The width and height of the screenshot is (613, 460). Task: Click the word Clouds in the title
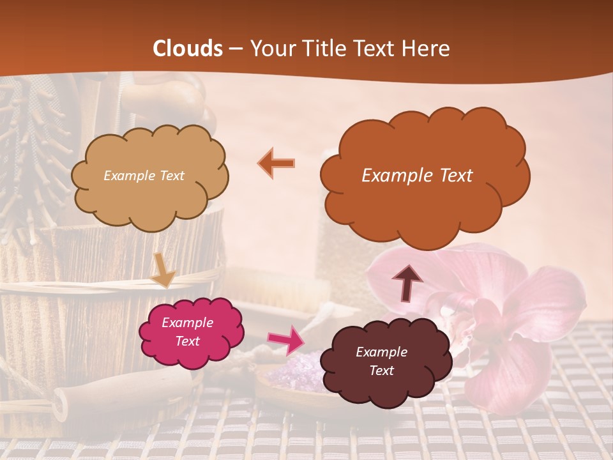(x=188, y=49)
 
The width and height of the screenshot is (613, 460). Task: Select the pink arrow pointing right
(x=285, y=339)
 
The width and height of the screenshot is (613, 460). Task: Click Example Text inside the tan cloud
(x=144, y=176)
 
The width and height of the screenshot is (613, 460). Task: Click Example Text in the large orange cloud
(x=417, y=176)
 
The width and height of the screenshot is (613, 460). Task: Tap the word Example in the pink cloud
(x=187, y=323)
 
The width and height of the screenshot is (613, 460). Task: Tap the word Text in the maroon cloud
(x=381, y=371)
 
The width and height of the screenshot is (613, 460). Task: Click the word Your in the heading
(x=273, y=49)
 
